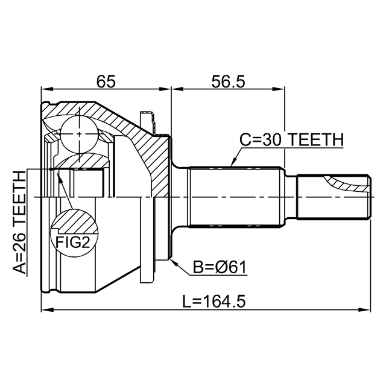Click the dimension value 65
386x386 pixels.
(106, 81)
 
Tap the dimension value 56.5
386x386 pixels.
(228, 81)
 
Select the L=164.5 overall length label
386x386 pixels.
(214, 302)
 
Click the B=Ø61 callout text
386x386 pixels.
(220, 267)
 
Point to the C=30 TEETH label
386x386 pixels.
(291, 139)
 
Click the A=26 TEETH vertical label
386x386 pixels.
(19, 223)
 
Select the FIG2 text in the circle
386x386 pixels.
(72, 242)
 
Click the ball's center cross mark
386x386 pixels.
(79, 134)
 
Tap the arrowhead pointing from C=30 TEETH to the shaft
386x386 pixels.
(233, 162)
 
